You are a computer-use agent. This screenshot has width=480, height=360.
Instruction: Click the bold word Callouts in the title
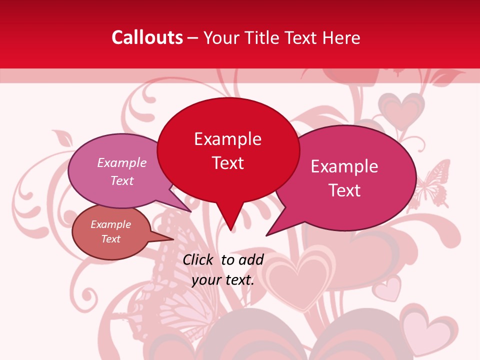tap(147, 37)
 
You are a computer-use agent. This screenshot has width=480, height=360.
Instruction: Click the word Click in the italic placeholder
tap(198, 259)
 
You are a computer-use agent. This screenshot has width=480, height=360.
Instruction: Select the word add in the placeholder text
tap(251, 259)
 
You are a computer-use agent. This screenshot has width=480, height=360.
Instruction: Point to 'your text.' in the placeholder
tap(222, 280)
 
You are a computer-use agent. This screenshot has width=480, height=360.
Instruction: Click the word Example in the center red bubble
tap(228, 138)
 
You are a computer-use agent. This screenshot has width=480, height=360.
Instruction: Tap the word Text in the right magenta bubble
tap(345, 190)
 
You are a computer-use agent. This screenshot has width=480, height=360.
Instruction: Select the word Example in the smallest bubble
tap(110, 224)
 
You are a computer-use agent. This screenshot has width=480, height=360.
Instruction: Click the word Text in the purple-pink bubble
tap(122, 180)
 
